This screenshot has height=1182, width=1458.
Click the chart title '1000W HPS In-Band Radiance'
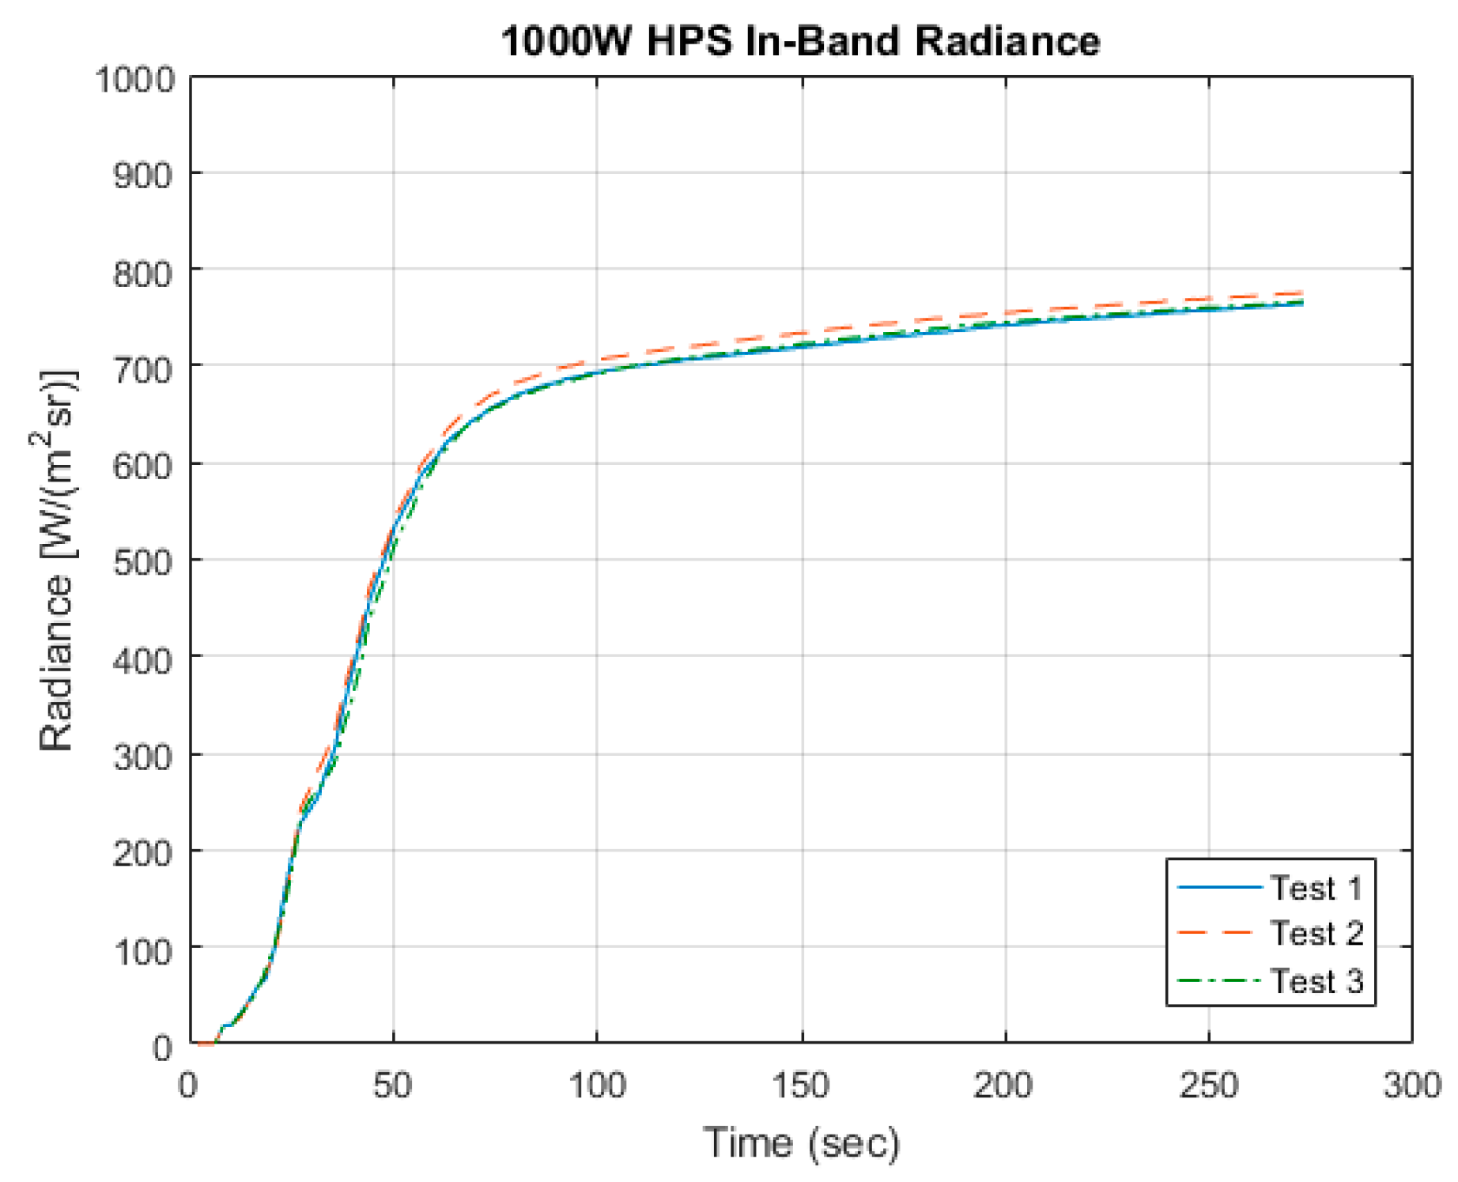[x=800, y=41]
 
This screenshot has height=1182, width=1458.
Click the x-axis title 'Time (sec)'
[x=801, y=1143]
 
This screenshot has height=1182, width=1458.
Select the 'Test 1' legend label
[x=1316, y=889]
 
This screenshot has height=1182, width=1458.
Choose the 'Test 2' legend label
[x=1316, y=934]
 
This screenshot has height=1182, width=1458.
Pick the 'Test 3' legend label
[x=1316, y=981]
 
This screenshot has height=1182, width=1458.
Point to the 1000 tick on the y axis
[x=135, y=79]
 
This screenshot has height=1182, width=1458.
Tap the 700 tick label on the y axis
[x=143, y=368]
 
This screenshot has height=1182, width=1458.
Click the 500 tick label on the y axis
[x=143, y=562]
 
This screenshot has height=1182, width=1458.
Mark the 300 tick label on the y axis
[x=143, y=757]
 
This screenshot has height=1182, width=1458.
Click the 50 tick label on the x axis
[x=393, y=1086]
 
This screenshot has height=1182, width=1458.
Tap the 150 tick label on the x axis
[x=801, y=1086]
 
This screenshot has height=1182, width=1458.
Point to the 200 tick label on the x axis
[x=1003, y=1086]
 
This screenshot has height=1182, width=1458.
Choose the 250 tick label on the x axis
[x=1208, y=1086]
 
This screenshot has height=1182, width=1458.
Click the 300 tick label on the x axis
[x=1412, y=1086]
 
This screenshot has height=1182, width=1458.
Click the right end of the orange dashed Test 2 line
[x=1301, y=293]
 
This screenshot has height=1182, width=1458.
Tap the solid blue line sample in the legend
[x=1218, y=888]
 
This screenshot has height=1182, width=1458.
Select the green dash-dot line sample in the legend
[x=1218, y=981]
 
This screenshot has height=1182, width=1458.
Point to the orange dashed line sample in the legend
[x=1218, y=934]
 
